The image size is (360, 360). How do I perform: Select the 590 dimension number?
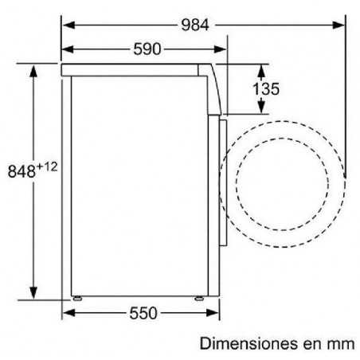[x=147, y=49]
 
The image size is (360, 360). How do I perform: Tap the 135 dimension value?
[x=266, y=89]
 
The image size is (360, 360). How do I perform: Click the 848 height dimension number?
[x=22, y=170]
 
